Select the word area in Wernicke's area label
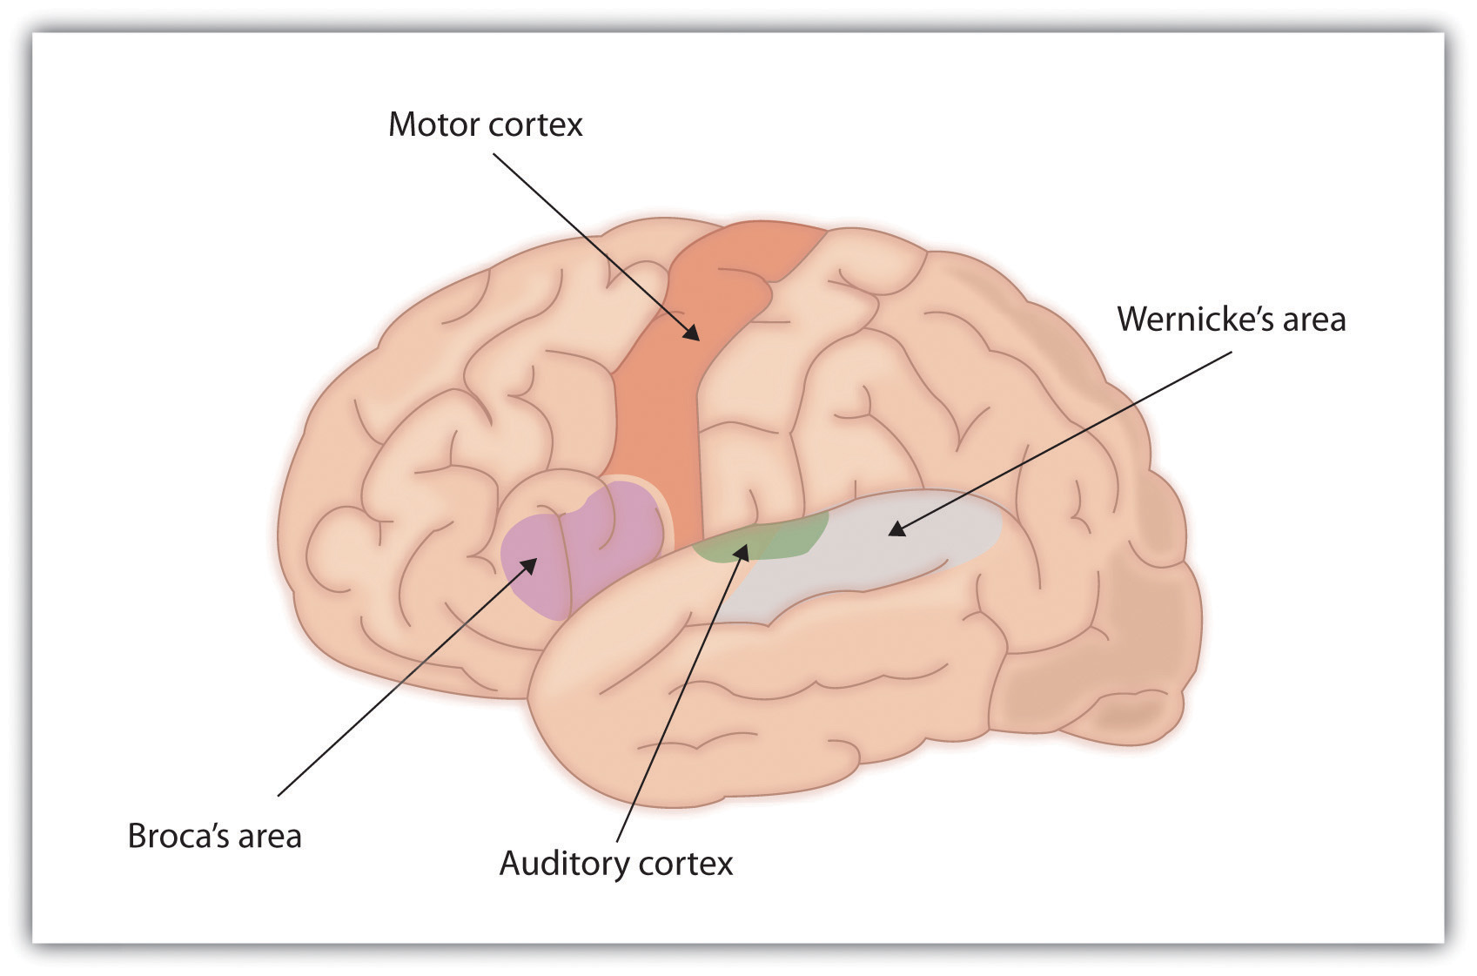(1312, 320)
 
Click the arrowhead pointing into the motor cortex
(692, 333)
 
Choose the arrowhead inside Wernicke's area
(896, 528)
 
